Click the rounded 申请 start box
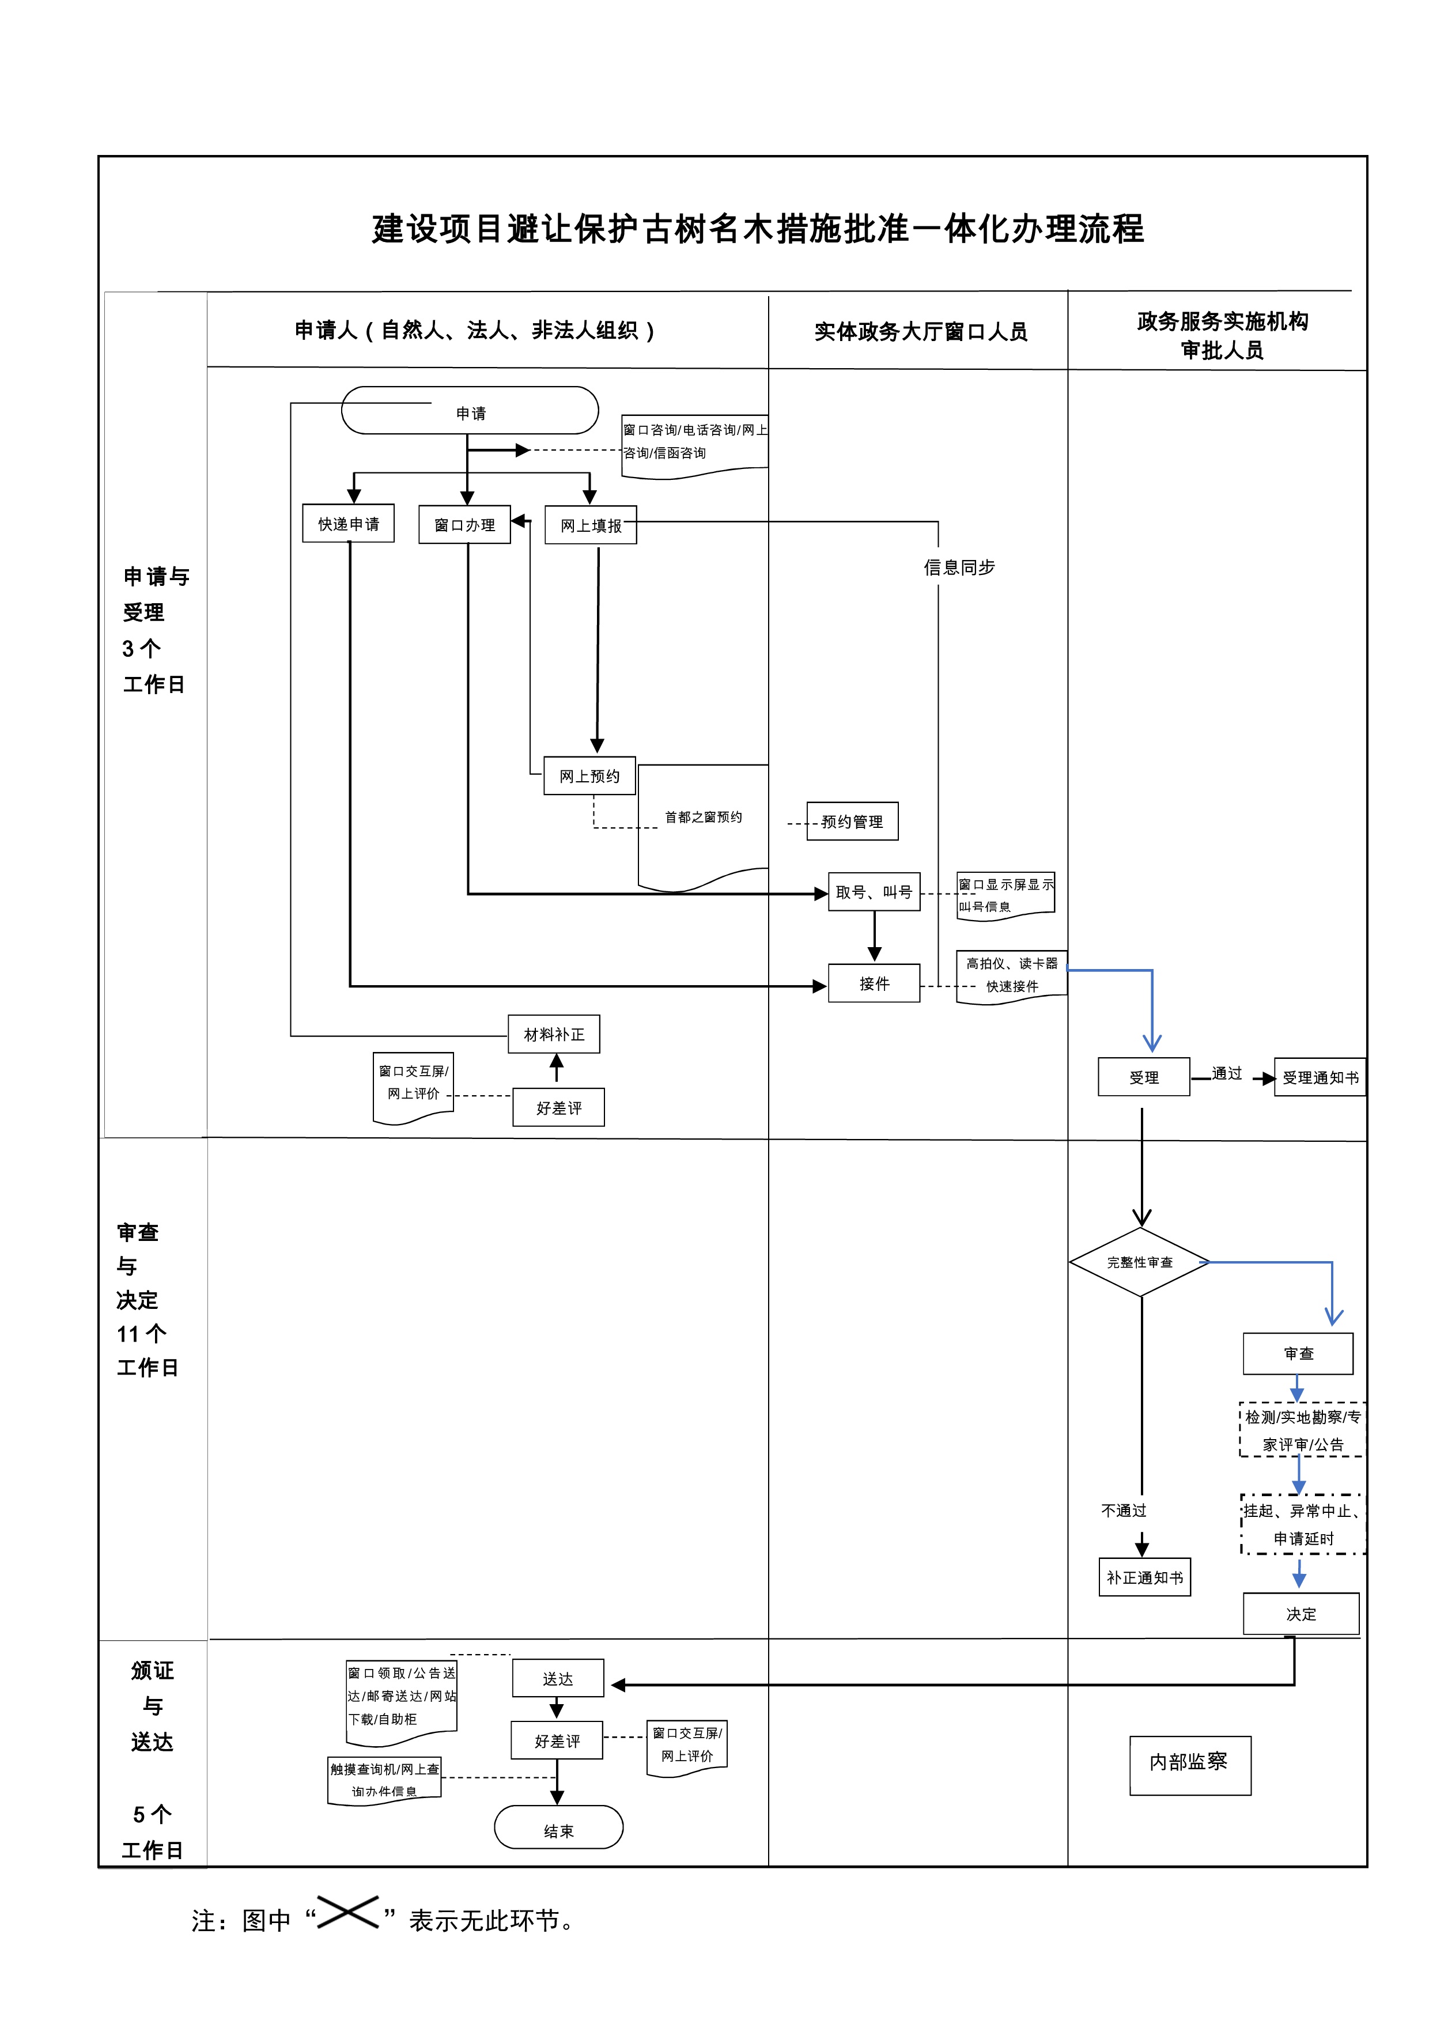[x=470, y=411]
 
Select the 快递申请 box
[x=348, y=524]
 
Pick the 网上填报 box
[x=590, y=525]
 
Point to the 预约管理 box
[x=852, y=822]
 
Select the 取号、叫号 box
[x=874, y=892]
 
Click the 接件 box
[x=874, y=983]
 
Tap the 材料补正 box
[x=554, y=1034]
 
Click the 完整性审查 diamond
[x=1140, y=1262]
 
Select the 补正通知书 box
[x=1144, y=1577]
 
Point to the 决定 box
[x=1301, y=1614]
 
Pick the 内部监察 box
[x=1189, y=1761]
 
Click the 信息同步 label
[x=959, y=567]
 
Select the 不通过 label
[x=1124, y=1511]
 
